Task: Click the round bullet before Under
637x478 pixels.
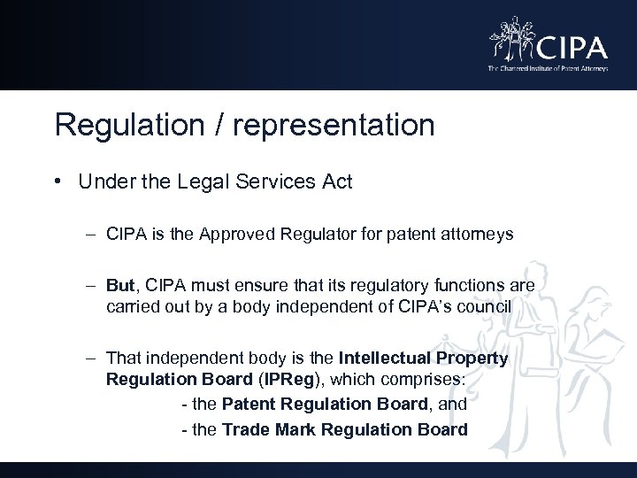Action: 57,182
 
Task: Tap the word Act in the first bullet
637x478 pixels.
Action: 336,182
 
